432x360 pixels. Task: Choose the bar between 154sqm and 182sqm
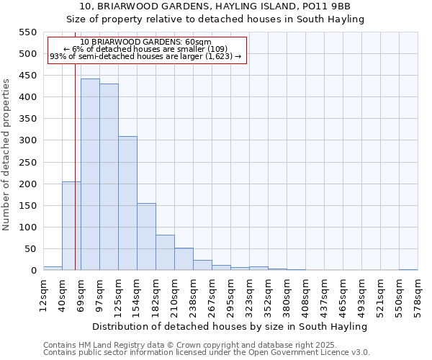tap(146, 237)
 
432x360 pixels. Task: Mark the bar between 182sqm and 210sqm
tap(165, 253)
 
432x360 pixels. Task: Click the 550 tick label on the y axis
tap(27, 32)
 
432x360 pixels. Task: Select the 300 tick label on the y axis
tap(27, 140)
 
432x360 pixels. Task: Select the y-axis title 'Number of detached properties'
tap(7, 156)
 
